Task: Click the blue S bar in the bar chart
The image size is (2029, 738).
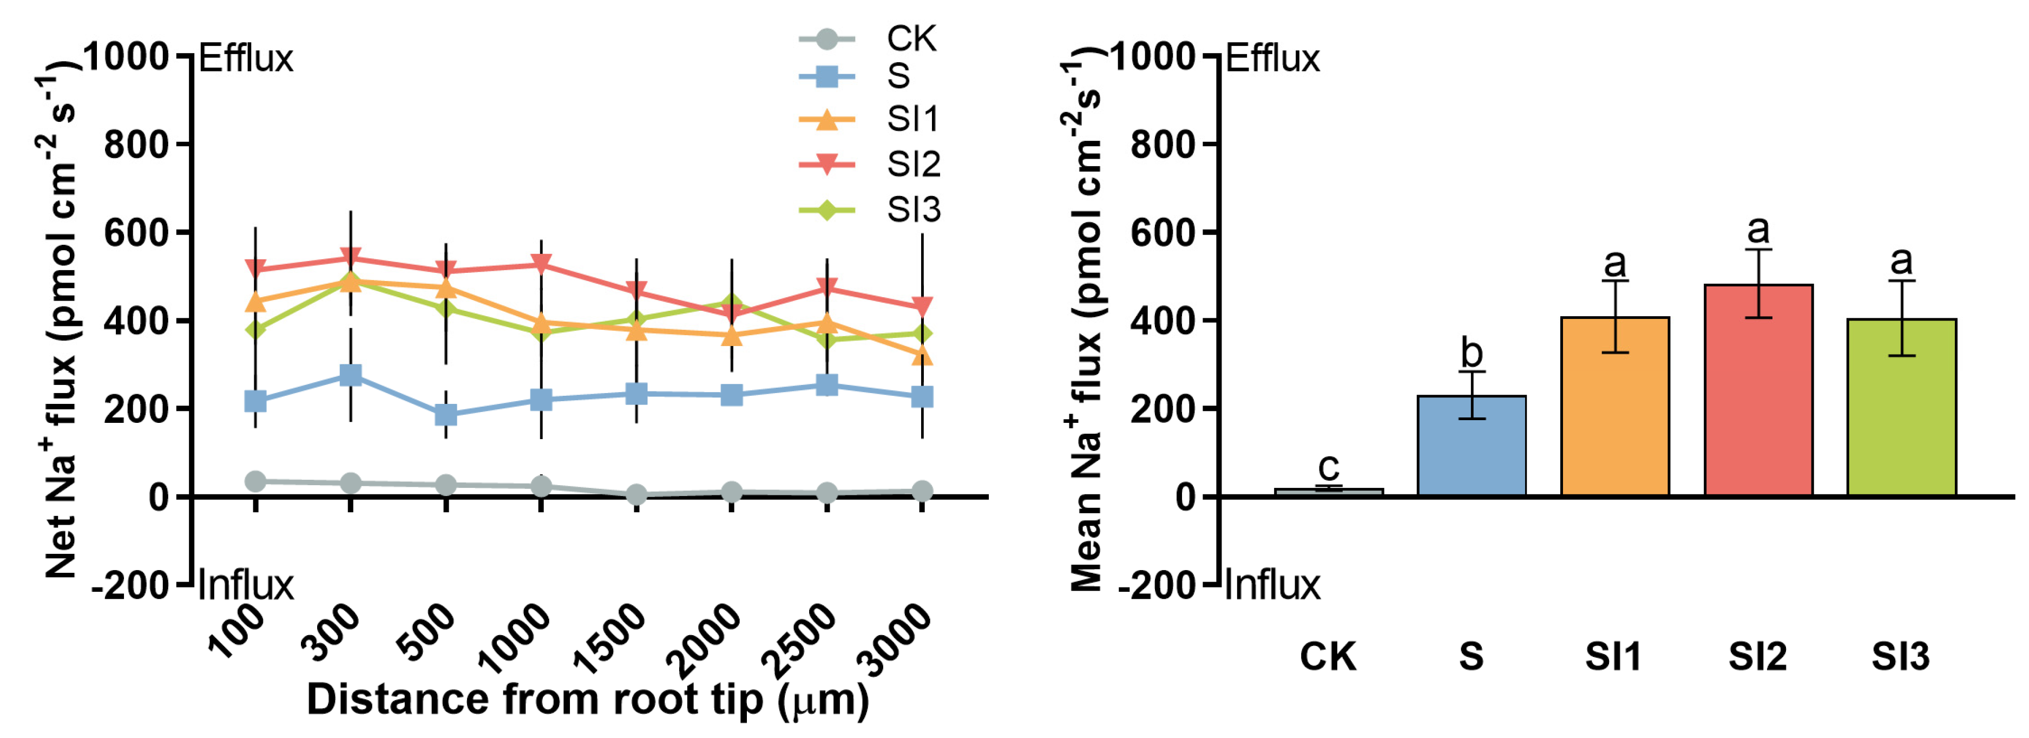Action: click(x=1472, y=446)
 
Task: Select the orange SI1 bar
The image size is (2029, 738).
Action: click(x=1614, y=407)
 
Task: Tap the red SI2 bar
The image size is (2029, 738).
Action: click(x=1758, y=390)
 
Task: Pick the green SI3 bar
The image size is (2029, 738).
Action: click(x=1901, y=407)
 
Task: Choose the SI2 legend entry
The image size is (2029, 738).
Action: click(x=870, y=164)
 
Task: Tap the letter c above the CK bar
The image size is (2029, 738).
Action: click(x=1329, y=467)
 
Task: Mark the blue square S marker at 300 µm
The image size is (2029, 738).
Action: click(x=351, y=374)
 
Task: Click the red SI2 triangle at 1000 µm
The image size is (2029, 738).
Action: click(x=541, y=263)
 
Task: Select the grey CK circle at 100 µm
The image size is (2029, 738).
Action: click(x=255, y=480)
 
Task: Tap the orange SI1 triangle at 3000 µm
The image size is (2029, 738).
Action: click(x=922, y=355)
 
